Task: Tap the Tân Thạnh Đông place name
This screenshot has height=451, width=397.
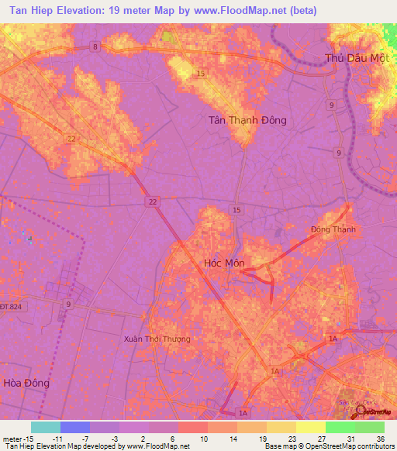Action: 247,120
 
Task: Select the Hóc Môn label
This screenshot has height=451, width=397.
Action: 223,263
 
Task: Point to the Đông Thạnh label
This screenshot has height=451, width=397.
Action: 333,229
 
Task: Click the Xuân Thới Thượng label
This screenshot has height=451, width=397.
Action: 157,339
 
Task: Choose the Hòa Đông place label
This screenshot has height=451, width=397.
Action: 26,383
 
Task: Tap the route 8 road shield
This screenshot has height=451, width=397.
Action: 95,47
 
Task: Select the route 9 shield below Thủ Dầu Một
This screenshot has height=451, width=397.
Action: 331,105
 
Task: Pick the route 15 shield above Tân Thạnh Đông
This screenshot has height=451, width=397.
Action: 201,74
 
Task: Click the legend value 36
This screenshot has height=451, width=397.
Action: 379,438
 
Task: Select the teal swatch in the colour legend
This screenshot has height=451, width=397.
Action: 45,427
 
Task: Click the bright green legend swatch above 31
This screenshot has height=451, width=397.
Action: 340,427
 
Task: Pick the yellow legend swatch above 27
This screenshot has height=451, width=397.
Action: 310,427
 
